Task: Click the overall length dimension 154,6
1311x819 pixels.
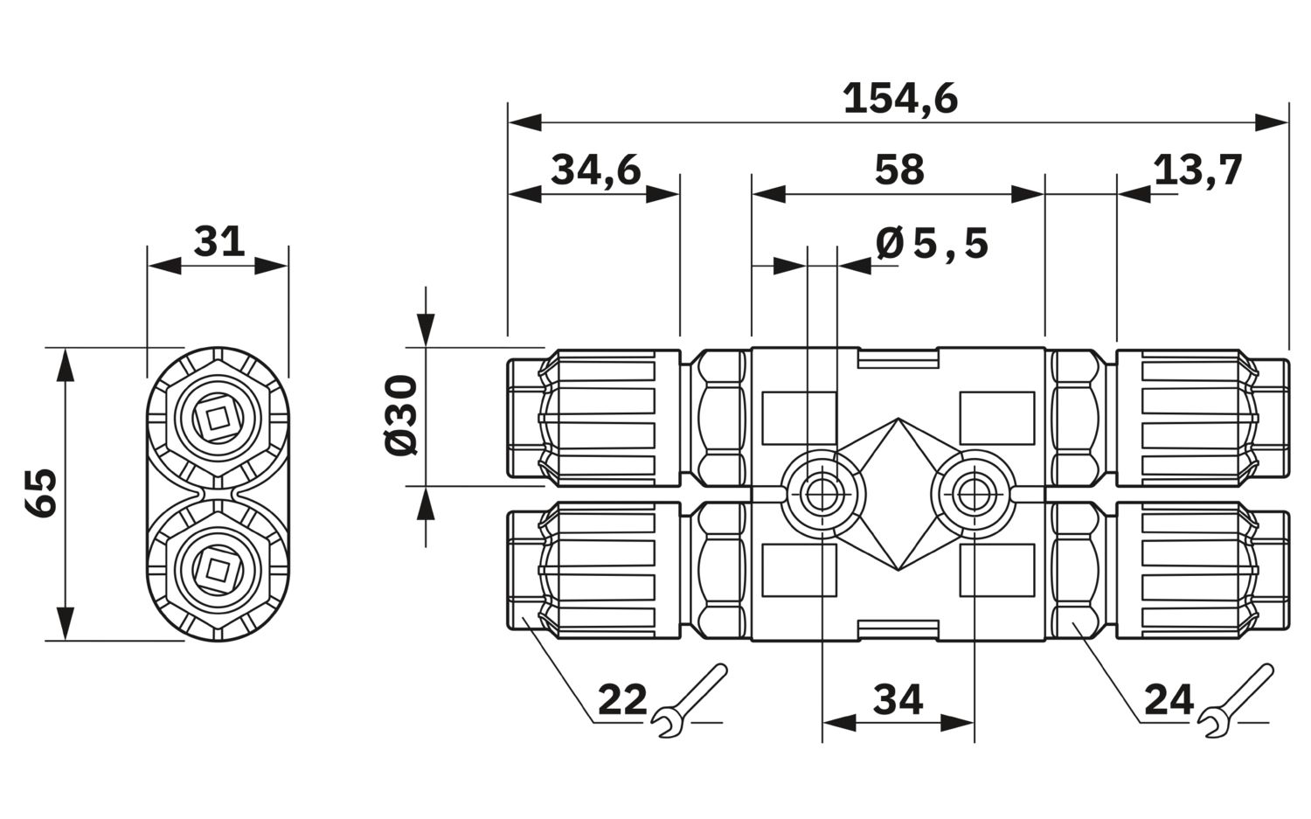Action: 900,99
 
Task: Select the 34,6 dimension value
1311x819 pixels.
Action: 596,170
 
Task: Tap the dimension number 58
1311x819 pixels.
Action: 899,170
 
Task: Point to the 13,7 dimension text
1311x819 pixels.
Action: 1197,170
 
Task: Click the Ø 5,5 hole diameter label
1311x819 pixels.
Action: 932,244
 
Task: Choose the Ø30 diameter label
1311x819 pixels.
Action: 401,415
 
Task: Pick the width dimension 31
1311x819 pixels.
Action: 218,241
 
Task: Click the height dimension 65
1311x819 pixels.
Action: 40,492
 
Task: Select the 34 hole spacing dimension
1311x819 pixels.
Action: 898,699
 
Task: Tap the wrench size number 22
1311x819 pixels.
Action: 622,699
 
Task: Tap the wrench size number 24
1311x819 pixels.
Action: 1169,699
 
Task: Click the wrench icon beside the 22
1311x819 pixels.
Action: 690,699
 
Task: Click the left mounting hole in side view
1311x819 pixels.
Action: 822,495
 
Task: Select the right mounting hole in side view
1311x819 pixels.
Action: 975,495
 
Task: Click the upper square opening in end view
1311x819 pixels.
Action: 218,418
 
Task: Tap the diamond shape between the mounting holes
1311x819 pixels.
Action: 898,495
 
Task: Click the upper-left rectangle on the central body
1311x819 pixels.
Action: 799,419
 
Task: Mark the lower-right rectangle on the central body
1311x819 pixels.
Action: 997,570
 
